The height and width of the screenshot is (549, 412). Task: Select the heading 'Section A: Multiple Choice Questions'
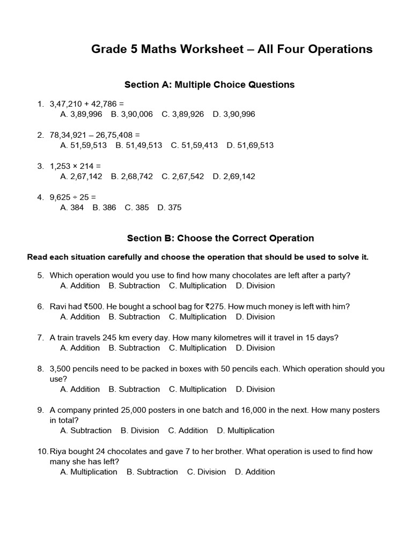click(209, 85)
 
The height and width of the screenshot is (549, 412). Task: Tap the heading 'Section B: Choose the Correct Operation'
click(220, 238)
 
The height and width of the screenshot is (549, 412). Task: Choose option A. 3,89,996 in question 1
click(81, 114)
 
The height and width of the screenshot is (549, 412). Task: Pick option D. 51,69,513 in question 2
click(250, 145)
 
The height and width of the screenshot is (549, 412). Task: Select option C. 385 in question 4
click(137, 207)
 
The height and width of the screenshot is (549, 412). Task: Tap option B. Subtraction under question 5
click(134, 286)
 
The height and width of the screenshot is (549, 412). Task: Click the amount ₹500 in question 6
click(94, 307)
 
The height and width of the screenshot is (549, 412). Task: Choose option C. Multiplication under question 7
click(197, 348)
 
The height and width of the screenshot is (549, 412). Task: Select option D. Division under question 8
click(255, 389)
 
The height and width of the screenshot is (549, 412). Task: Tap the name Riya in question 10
click(58, 451)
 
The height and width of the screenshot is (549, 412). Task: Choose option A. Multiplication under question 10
click(89, 472)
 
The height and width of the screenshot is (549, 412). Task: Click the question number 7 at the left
click(40, 338)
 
